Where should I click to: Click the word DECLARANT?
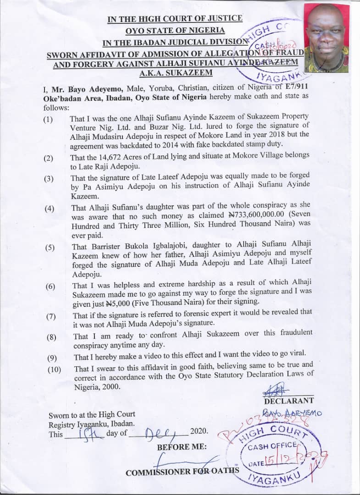288,401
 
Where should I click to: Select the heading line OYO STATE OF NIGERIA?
176,31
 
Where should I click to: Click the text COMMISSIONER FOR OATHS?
183,472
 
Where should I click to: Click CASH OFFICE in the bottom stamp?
278,446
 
